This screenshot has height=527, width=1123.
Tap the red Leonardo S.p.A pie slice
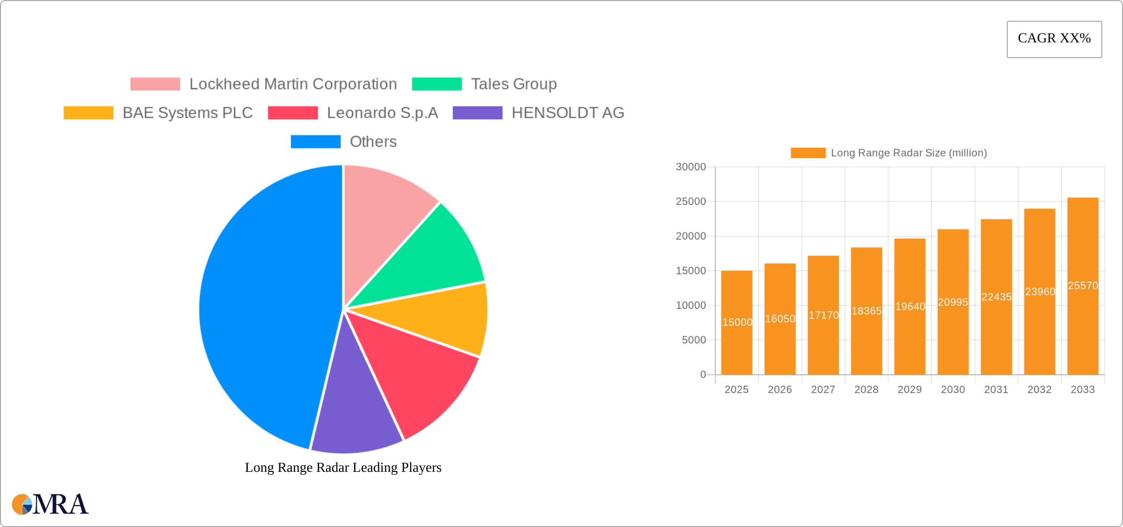click(419, 374)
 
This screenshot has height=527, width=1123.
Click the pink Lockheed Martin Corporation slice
click(384, 212)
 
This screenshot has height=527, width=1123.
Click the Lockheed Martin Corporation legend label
click(293, 84)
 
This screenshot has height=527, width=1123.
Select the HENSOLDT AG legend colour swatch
click(477, 113)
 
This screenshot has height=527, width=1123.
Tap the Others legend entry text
click(373, 142)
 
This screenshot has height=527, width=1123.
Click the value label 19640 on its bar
click(910, 306)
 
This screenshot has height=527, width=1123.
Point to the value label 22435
click(996, 297)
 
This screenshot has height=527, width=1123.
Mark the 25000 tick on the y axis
click(691, 201)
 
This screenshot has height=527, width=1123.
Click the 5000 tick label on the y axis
click(694, 340)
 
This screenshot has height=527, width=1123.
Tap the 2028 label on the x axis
click(866, 390)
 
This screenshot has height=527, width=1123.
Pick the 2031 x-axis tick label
click(996, 390)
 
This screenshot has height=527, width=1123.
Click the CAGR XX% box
click(1054, 39)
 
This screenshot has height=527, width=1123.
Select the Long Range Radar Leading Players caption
click(343, 467)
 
